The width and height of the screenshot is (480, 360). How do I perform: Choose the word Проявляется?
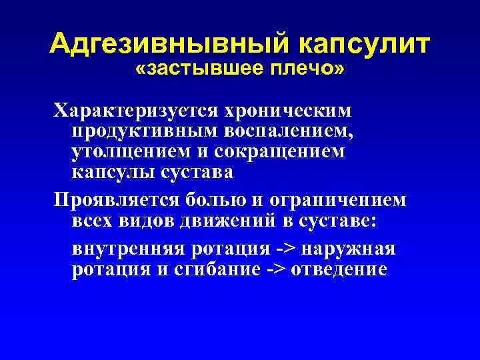coord(109,201)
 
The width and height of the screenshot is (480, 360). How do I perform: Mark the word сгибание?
coord(206,270)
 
